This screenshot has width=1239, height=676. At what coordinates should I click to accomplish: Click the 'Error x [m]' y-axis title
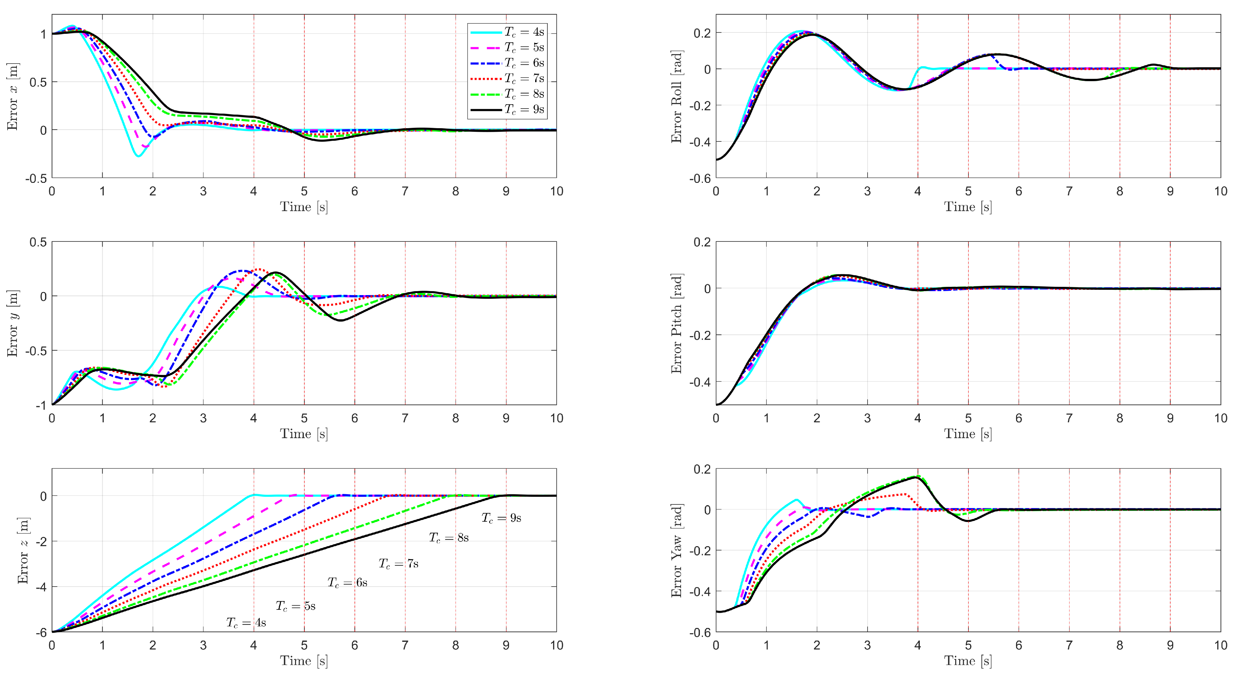(x=13, y=96)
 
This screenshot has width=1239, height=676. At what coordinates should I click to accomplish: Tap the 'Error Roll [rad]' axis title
(x=676, y=96)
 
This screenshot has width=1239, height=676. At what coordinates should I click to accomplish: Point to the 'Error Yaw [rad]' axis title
(x=676, y=550)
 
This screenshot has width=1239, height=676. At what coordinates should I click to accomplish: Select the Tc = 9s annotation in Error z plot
(x=501, y=518)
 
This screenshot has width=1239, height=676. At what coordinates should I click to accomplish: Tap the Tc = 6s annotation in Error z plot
(x=347, y=583)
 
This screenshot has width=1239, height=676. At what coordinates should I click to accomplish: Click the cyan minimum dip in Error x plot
(x=139, y=156)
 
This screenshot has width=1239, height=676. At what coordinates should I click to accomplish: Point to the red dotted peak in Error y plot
(x=259, y=269)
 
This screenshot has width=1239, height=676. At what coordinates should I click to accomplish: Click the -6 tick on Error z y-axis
(x=41, y=632)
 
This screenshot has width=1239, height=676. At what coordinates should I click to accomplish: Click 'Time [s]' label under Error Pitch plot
(x=968, y=434)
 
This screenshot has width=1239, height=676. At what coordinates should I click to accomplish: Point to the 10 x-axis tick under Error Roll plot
(x=1220, y=191)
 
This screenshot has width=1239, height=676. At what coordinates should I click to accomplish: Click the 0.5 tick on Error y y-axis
(x=38, y=242)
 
